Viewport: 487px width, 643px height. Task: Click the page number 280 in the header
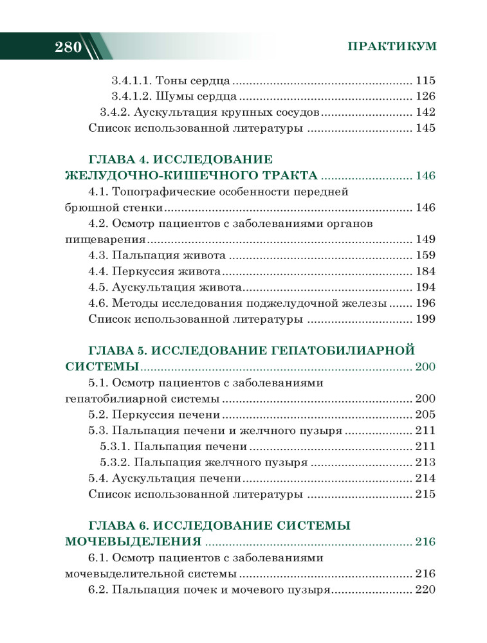coord(67,47)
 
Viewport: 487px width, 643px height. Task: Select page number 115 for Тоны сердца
coord(426,81)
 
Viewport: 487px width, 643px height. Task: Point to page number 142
coord(426,113)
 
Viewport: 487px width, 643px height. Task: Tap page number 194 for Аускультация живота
coord(426,286)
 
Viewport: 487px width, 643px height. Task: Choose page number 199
coord(426,318)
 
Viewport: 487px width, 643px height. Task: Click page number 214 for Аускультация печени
coord(426,478)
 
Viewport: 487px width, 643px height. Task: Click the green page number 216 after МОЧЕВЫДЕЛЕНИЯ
coord(426,541)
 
